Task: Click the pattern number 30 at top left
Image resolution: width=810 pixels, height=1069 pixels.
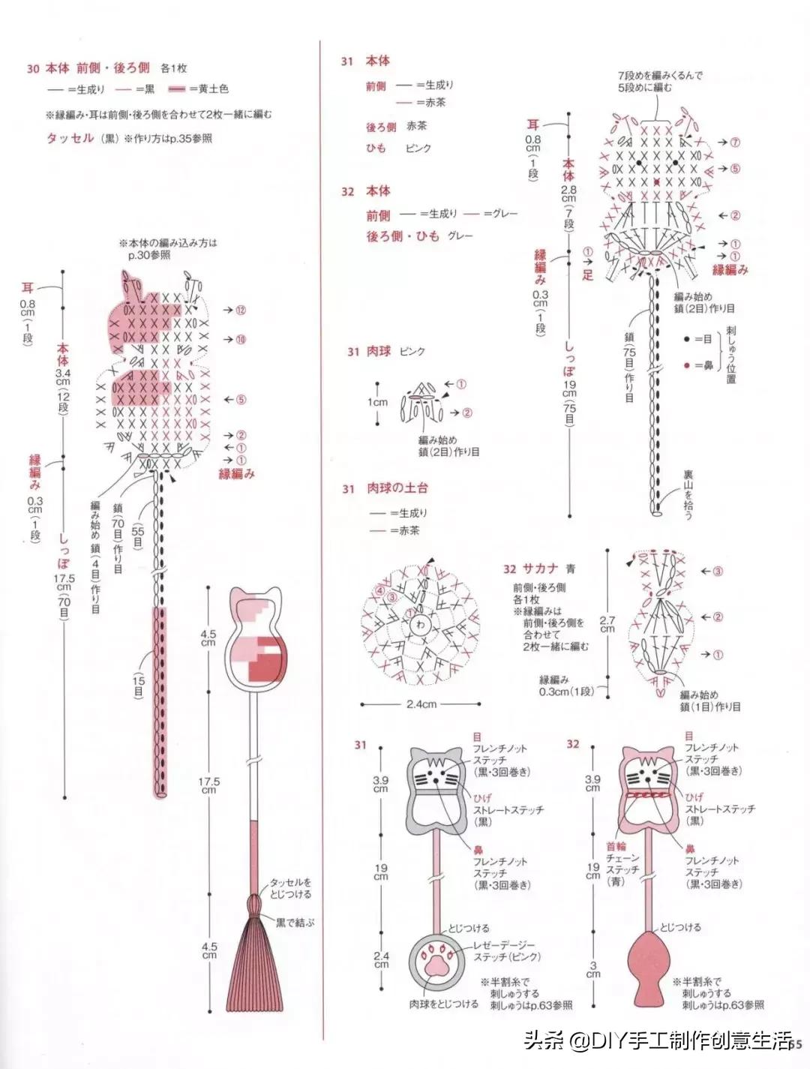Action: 32,68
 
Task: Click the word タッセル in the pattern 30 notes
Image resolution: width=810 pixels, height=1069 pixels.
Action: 70,138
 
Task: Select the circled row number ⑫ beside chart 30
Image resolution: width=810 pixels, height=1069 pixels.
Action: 240,310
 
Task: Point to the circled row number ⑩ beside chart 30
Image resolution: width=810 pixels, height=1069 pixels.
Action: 240,340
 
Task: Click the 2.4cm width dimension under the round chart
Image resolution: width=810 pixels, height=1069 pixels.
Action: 421,704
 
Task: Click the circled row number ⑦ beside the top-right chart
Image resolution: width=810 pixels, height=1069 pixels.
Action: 734,143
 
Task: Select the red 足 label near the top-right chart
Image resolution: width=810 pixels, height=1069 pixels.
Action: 587,275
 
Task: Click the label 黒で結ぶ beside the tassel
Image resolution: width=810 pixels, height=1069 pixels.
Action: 295,921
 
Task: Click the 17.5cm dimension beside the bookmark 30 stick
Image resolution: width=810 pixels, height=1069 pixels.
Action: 208,784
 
